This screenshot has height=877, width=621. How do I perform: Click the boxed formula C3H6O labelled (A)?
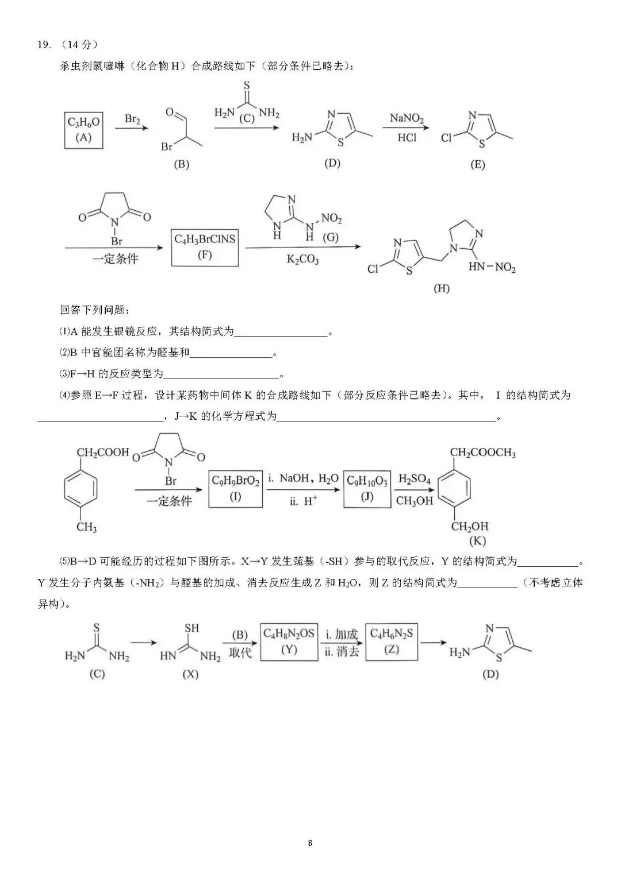83,130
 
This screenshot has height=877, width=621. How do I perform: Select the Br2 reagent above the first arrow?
132,119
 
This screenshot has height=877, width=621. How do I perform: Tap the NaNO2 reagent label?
407,118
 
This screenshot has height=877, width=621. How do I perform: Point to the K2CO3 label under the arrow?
302,260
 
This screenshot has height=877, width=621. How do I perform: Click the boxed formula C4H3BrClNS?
205,248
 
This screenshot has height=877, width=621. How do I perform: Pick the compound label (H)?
442,288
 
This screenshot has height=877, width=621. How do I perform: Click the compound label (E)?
477,164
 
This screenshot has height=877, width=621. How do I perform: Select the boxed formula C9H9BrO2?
235,489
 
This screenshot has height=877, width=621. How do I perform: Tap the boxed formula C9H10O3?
367,489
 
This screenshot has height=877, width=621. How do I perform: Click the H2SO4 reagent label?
415,479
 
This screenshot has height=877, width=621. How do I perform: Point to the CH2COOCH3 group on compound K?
482,453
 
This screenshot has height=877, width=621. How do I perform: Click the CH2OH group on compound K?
470,526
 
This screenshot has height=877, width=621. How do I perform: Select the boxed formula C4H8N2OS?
289,642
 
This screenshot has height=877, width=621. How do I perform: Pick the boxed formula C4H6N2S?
391,642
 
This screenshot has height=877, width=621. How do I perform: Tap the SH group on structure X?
191,628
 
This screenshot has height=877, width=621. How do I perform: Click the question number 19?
44,45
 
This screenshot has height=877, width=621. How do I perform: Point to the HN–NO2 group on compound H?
492,268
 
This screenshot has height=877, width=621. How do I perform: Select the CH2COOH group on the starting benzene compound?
103,453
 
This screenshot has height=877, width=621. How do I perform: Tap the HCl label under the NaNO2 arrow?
407,138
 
